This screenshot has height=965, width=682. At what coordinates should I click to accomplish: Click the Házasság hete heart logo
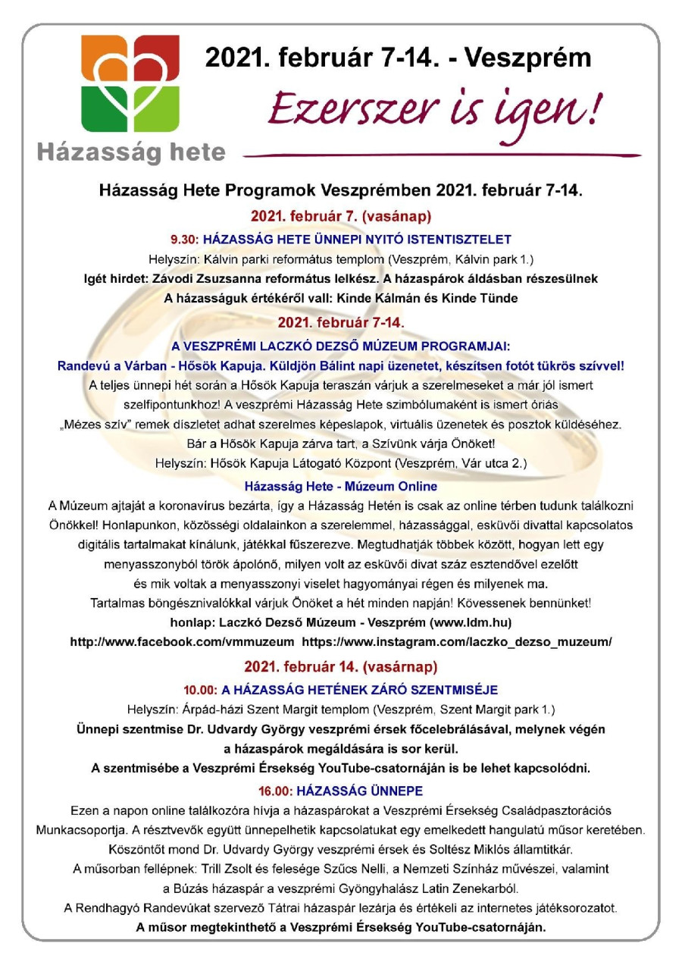coord(130,83)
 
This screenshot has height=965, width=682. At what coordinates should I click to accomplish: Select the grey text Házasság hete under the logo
coord(131,152)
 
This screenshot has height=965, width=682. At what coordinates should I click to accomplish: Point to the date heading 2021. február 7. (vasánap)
coord(340,215)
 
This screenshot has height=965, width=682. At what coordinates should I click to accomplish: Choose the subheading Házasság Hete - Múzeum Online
coord(341,486)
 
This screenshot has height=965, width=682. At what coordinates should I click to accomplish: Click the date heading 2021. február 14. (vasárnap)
coord(340,668)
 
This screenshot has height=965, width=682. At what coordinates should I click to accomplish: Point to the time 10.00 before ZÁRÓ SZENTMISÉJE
coord(200,690)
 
